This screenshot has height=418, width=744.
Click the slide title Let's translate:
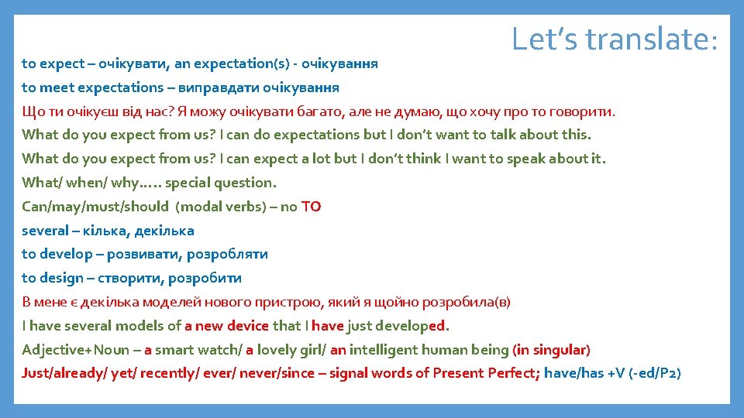(x=615, y=38)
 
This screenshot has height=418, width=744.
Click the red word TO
(x=311, y=207)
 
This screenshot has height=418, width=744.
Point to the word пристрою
(x=326, y=302)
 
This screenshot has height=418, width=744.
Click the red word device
(x=248, y=326)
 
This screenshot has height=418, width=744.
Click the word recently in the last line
(x=171, y=374)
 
